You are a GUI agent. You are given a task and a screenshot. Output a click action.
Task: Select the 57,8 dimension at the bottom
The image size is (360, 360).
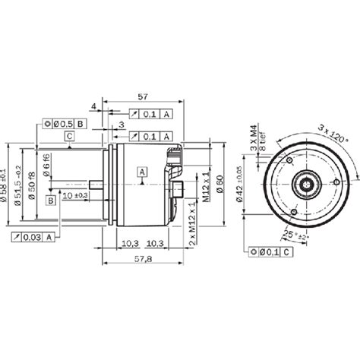point(141,260)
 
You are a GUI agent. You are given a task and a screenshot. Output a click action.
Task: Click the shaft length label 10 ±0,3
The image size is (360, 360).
point(75,195)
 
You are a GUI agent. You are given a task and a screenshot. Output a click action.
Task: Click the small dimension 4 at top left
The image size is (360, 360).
point(93,106)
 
